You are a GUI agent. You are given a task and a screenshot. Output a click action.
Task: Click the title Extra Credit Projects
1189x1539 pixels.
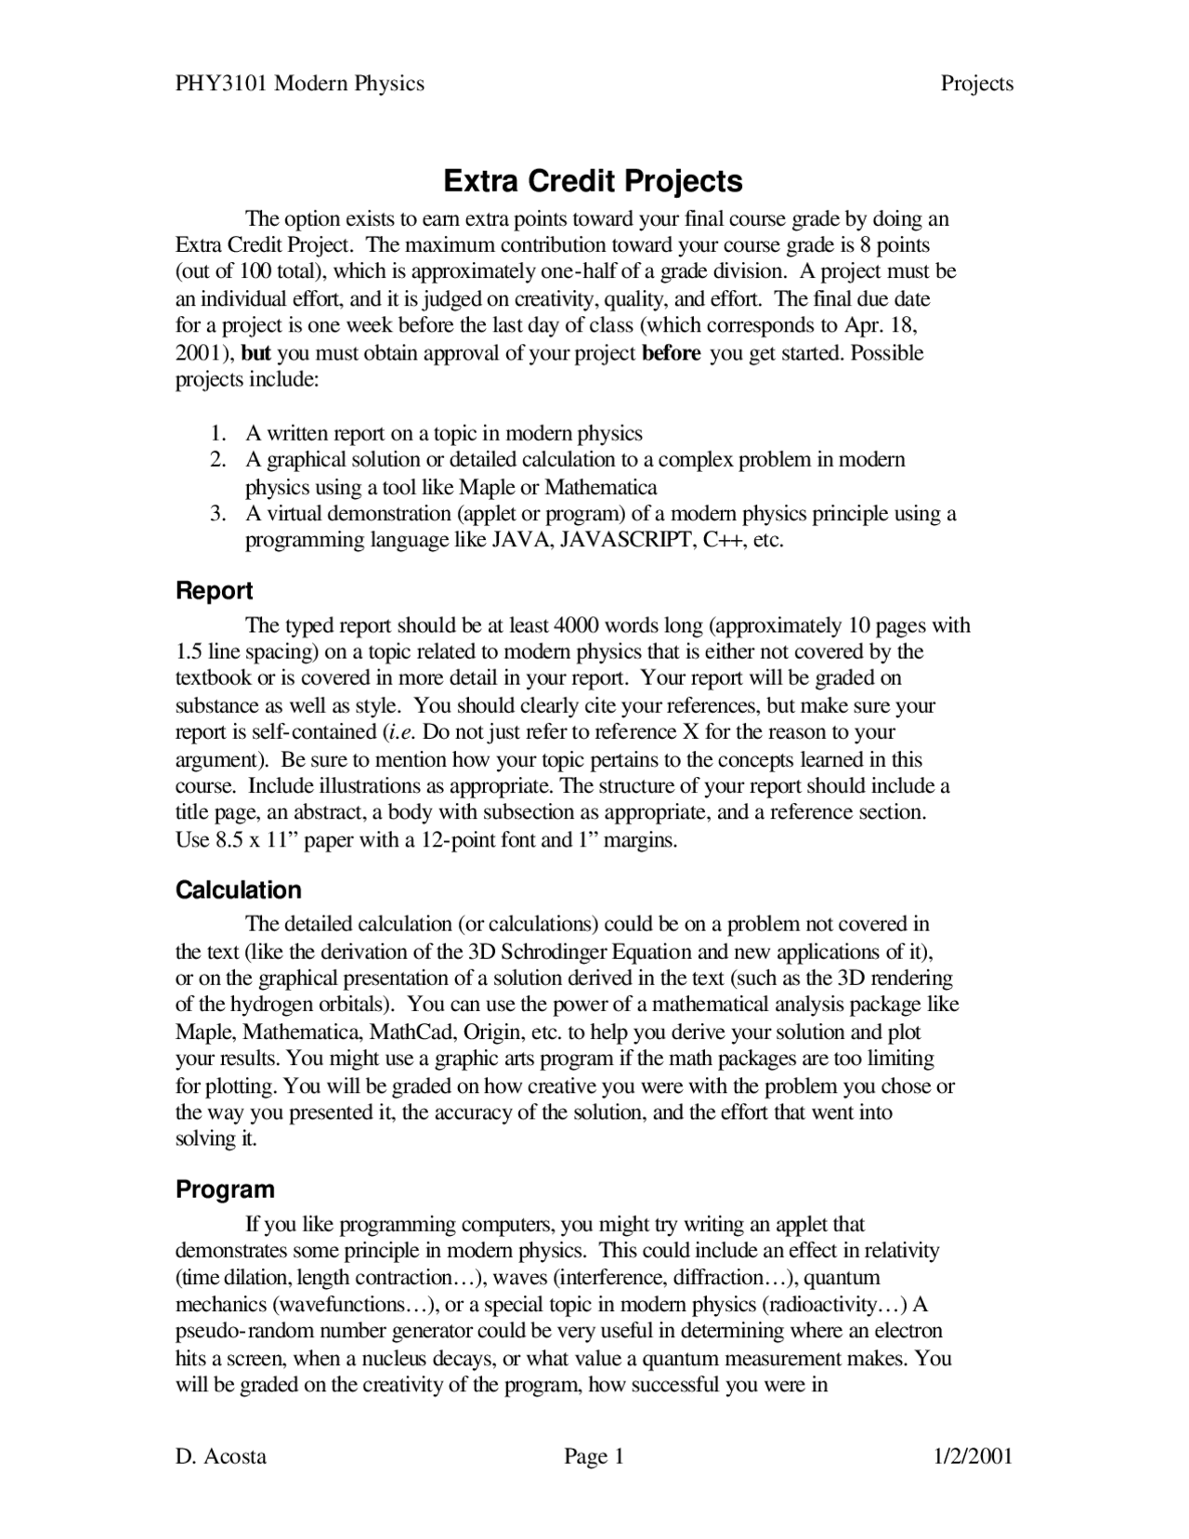pos(593,180)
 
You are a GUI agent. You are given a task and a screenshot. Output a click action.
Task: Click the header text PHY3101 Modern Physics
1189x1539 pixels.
pos(300,84)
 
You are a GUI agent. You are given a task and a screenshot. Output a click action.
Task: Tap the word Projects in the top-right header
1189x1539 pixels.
pos(976,84)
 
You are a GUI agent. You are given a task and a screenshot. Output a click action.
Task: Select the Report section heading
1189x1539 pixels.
pos(214,591)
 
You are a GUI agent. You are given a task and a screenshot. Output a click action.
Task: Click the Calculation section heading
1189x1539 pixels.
pos(239,890)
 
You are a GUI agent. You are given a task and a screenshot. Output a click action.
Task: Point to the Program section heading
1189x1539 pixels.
pos(225,1190)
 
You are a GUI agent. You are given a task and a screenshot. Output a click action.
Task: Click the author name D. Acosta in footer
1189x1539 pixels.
pos(221,1456)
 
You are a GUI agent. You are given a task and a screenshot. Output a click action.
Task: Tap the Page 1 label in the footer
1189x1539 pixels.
pos(594,1456)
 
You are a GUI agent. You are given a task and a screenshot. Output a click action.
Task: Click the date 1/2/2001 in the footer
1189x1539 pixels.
pos(973,1456)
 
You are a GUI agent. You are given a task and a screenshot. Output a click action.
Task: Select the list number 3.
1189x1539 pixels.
pos(216,514)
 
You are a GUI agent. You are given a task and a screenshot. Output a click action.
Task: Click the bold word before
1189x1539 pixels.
pos(671,353)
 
